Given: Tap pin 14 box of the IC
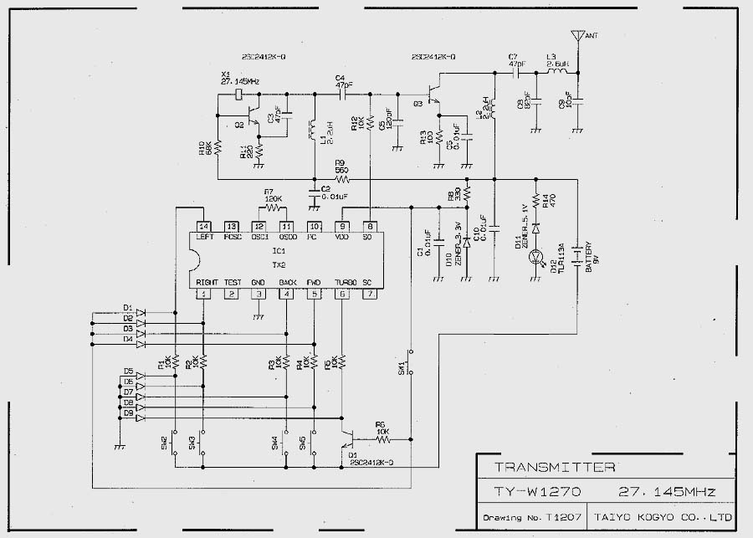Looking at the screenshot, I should point(202,226).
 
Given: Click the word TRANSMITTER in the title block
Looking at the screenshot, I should point(555,468).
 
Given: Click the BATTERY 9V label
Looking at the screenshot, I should point(590,258).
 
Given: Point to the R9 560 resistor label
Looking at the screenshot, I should point(341,166).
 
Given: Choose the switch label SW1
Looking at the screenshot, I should point(402,367).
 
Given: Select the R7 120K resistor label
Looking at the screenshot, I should point(274,195).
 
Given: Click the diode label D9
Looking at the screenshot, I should point(128,412).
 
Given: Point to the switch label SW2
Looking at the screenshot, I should point(165,440).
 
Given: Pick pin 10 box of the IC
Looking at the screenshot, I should point(315,226).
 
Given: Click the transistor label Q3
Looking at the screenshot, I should point(417,103).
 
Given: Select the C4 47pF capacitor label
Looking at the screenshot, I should point(342,81).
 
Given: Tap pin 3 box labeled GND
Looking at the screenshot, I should point(259,293).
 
